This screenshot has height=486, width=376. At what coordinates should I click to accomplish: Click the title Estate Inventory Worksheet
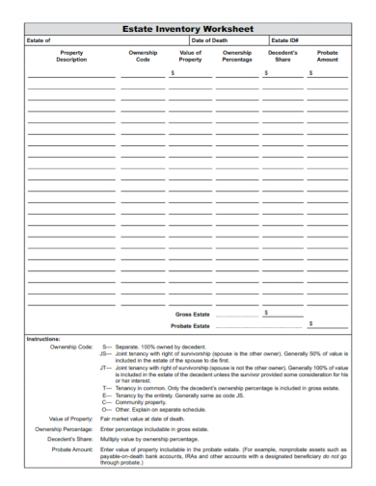(189, 30)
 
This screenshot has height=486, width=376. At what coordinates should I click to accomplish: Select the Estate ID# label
(283, 41)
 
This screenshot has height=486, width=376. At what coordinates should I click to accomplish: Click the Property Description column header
(71, 56)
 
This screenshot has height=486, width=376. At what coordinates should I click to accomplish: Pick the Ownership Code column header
(144, 56)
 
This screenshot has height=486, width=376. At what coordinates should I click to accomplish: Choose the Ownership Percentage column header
(237, 56)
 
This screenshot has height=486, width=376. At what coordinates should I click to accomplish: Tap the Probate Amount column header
(327, 56)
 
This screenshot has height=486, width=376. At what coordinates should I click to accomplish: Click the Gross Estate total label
(193, 314)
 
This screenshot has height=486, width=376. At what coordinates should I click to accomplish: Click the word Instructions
(43, 339)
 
